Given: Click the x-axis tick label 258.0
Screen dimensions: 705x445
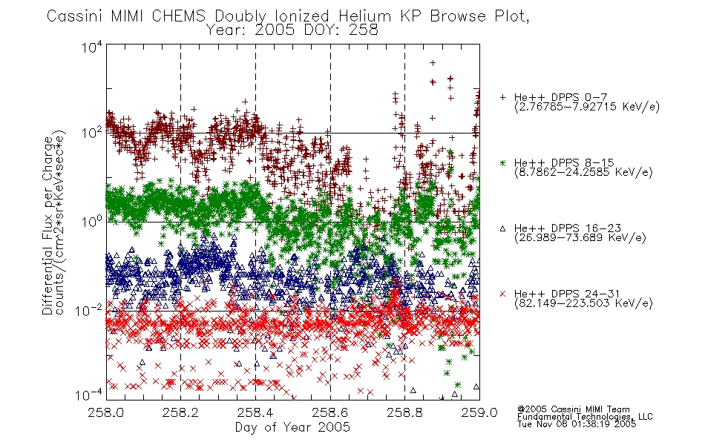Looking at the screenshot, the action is [105, 412].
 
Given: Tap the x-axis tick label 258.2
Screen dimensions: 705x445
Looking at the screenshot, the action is [180, 412].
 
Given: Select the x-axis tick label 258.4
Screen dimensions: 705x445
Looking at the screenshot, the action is [255, 412].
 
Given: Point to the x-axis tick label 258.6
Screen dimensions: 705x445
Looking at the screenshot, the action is [330, 412].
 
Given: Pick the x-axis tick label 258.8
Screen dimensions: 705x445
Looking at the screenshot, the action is [404, 412].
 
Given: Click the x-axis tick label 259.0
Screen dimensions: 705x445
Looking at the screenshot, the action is [479, 412].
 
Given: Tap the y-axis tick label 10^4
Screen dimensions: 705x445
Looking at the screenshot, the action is [92, 47].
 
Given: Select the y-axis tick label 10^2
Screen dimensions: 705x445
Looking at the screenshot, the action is [92, 133].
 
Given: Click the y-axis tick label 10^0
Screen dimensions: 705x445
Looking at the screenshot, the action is [92, 222].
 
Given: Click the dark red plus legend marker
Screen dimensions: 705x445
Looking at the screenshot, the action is [502, 97].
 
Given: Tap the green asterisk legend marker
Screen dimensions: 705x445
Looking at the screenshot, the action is [502, 162].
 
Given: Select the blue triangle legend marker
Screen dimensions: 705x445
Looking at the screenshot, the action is [502, 228].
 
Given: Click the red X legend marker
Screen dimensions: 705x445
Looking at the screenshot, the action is [502, 294].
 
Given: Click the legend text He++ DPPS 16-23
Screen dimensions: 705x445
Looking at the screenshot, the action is [568, 228].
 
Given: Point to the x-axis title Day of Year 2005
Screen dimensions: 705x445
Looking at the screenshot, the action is [292, 427].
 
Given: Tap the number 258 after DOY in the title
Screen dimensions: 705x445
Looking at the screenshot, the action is [364, 30].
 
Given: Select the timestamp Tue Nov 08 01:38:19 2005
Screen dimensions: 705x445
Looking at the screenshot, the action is [577, 423].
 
